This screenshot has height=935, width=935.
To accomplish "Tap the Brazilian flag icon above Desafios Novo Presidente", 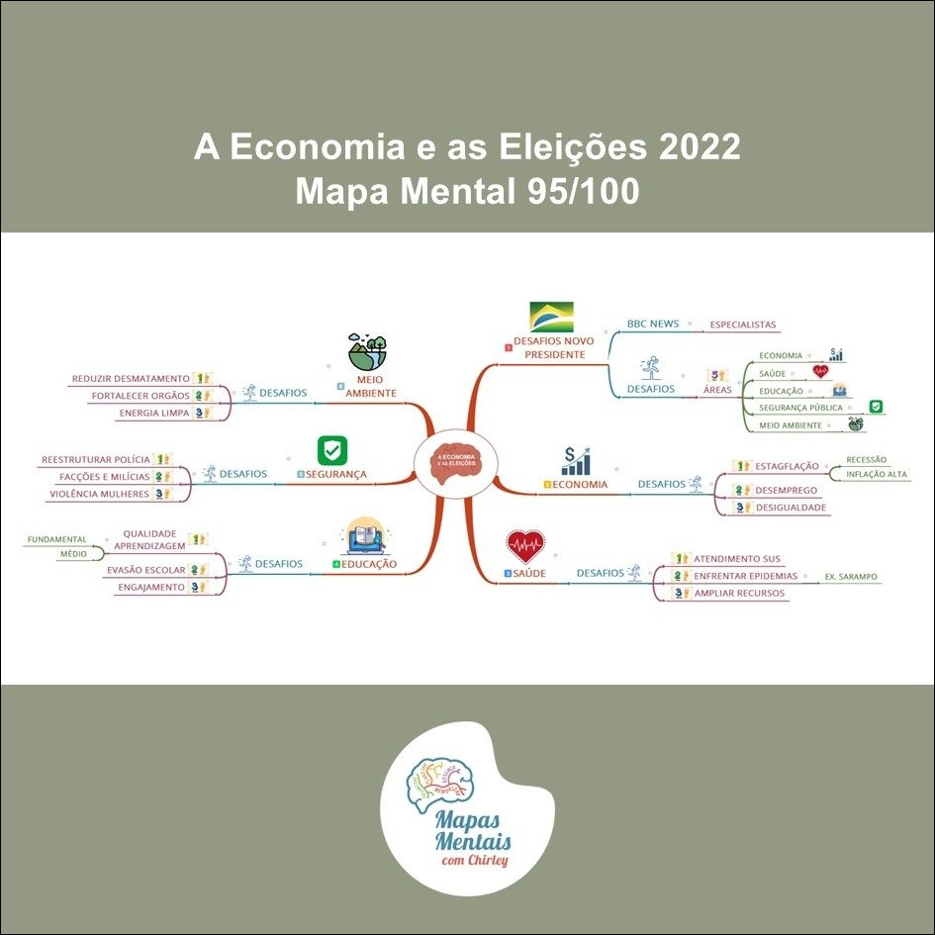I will (551, 318).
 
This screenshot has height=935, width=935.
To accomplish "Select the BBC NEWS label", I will (652, 325).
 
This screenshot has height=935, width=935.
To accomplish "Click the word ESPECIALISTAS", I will (742, 325).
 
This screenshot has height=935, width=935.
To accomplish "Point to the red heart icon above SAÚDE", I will (524, 545).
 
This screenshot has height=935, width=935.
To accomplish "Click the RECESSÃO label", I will (866, 459).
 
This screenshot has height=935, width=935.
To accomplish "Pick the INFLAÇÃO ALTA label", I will (877, 476).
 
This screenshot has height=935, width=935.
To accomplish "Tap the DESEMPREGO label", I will (786, 490).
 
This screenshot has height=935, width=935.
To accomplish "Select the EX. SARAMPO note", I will (850, 576).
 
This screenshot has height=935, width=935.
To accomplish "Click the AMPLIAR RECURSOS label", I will (739, 594).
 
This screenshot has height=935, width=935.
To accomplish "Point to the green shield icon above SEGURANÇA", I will (331, 450).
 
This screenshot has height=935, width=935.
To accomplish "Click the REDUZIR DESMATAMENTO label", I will (131, 378).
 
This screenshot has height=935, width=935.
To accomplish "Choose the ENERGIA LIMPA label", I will (153, 413).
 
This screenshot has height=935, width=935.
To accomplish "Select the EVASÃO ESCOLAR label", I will (145, 570).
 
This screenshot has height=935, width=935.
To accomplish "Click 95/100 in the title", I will (579, 191).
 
